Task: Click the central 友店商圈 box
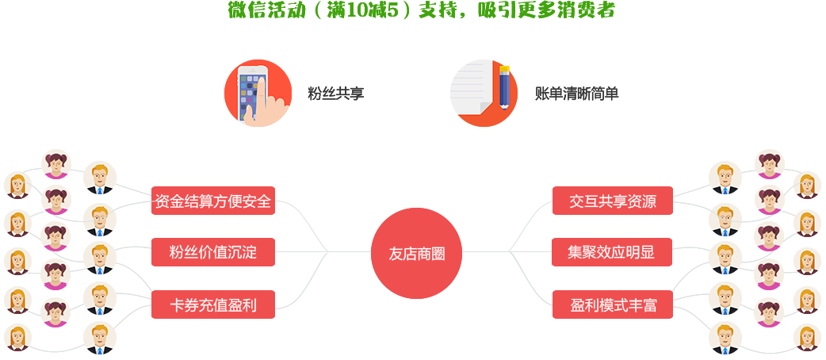[416, 253]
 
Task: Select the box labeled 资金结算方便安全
[212, 201]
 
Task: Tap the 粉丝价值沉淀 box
[212, 253]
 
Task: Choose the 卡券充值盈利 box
[212, 304]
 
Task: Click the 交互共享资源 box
[612, 201]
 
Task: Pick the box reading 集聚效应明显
[612, 253]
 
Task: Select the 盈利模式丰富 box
[612, 304]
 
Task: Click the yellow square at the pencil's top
[511, 63]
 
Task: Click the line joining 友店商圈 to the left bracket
[350, 253]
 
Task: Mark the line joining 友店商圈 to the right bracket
[485, 253]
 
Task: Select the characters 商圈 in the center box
[430, 254]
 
